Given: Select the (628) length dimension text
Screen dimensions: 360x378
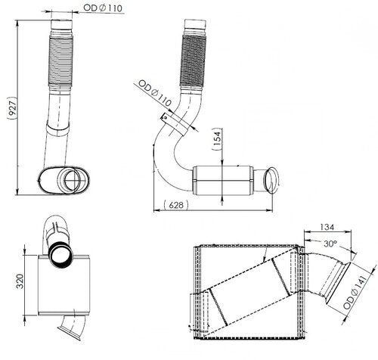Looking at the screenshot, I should click(x=175, y=205).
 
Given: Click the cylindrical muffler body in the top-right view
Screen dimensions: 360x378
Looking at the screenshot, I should click(x=222, y=180).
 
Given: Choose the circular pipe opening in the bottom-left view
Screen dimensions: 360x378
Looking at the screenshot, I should click(x=60, y=251).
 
